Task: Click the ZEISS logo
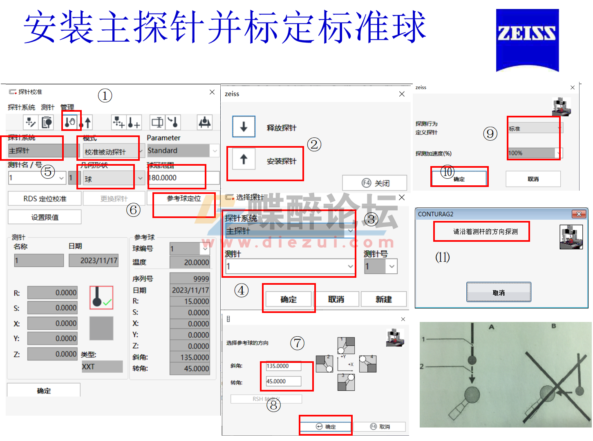point(527,40)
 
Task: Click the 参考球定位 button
point(184,199)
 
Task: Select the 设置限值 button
point(45,217)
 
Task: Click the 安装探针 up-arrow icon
point(244,159)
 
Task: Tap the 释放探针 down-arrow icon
point(244,127)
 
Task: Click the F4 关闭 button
point(374,183)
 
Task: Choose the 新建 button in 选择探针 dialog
point(383,299)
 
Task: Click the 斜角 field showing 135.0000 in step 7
point(284,366)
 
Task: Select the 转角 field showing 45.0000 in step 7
point(284,381)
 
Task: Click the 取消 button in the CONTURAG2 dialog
point(499,292)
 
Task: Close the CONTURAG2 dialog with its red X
point(579,214)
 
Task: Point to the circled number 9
point(490,133)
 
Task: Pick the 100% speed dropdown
point(535,153)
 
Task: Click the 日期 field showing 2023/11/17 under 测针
point(94,261)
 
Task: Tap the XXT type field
point(102,367)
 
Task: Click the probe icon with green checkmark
point(101,297)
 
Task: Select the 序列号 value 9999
point(190,279)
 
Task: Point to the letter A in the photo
point(491,327)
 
